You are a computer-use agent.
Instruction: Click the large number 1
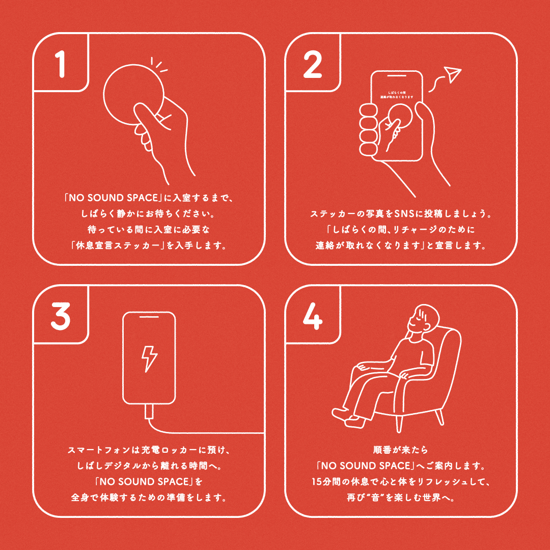61,64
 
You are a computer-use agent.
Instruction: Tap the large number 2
312,64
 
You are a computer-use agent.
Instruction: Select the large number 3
60,316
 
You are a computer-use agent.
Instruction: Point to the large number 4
313,316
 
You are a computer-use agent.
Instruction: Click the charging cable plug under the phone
149,411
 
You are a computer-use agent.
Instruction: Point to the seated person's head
424,318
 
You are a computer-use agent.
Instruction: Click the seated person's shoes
348,418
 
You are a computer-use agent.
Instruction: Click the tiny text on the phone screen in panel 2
397,95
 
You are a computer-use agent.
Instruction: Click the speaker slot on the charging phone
149,317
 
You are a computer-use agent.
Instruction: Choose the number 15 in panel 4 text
317,481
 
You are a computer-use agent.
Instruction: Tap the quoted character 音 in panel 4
375,498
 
